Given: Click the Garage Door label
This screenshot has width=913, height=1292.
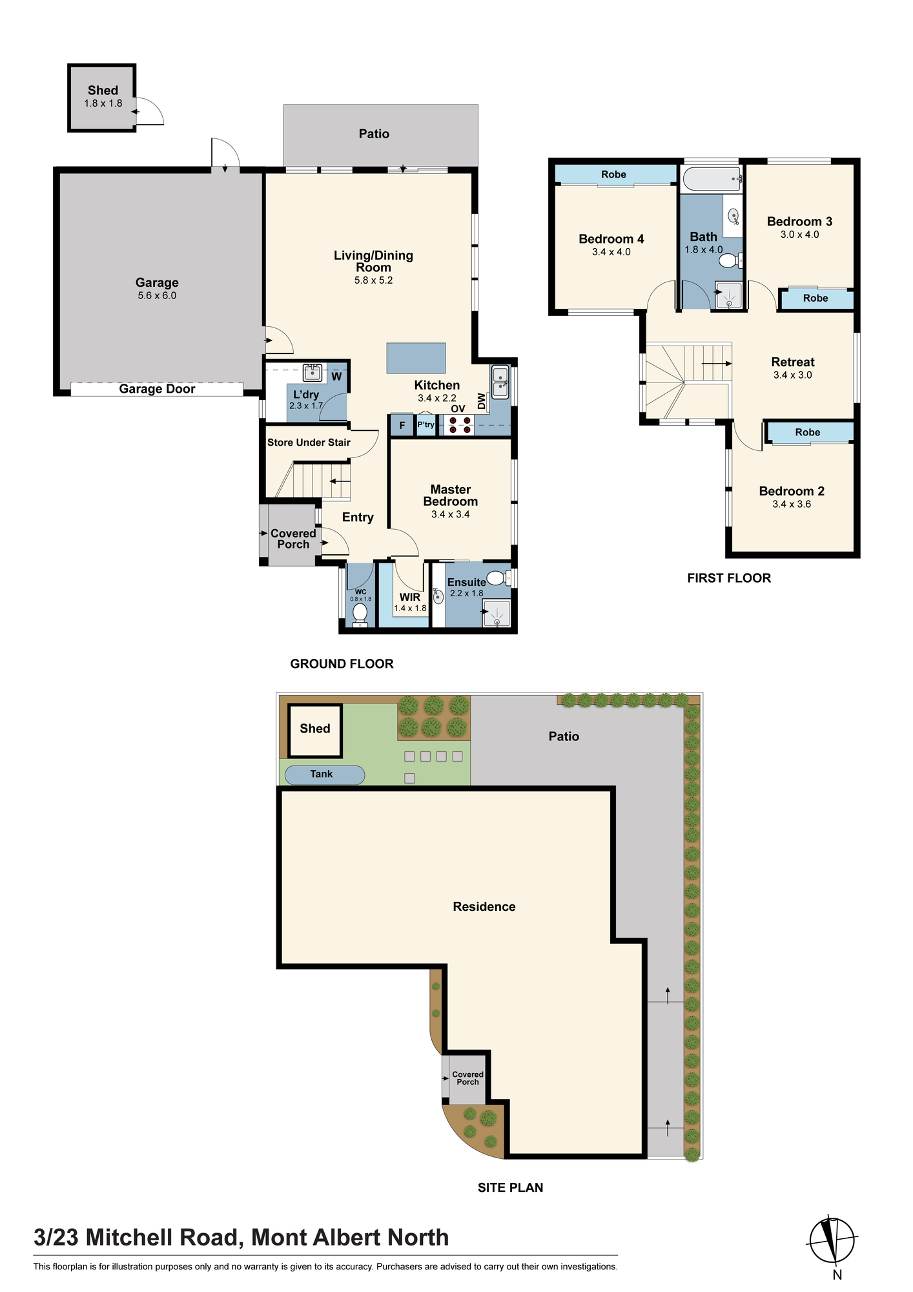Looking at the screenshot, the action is click(x=157, y=389).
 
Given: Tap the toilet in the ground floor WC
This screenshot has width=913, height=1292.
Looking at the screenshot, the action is click(x=360, y=614).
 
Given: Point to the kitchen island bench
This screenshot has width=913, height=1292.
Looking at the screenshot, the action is click(x=416, y=358).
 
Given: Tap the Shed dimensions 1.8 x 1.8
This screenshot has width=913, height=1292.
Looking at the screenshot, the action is click(x=103, y=103).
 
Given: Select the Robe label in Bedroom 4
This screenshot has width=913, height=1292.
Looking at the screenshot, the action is click(x=614, y=174).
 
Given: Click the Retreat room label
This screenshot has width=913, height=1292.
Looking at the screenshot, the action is click(x=793, y=362).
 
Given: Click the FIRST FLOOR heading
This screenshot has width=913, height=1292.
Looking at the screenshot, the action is click(x=729, y=578).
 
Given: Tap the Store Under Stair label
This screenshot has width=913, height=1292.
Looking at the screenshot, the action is click(x=309, y=443).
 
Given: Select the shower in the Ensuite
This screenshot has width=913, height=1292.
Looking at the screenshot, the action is click(x=497, y=614).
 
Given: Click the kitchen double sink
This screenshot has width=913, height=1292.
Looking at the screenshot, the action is click(x=500, y=382).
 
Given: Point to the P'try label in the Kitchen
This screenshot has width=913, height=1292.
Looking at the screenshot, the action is click(x=426, y=424).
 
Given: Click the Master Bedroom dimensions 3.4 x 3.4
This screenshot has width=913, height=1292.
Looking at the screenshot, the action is click(x=451, y=515).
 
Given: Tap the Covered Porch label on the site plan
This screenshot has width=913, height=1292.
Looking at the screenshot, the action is click(x=467, y=1078).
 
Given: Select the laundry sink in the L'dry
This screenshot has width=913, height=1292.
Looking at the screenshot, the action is click(x=313, y=373).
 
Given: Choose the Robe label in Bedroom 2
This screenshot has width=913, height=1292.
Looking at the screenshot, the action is click(x=808, y=432).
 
